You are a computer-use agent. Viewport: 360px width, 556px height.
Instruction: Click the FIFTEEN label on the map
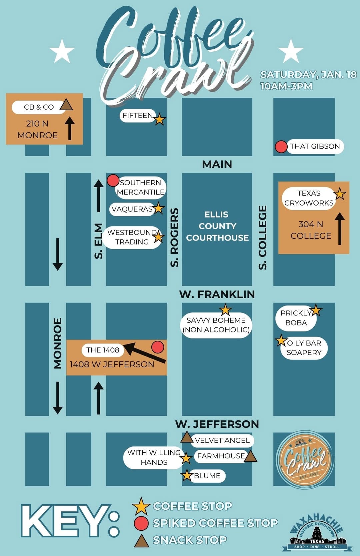(x=137, y=116)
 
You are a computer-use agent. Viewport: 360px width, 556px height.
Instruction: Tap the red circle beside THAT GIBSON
(x=281, y=147)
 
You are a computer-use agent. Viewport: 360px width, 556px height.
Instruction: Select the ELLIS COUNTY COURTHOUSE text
(x=217, y=226)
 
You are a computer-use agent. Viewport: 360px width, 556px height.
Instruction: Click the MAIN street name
(x=217, y=164)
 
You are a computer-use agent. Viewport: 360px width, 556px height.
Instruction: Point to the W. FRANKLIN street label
(x=217, y=294)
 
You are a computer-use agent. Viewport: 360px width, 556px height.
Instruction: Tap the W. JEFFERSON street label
(x=217, y=424)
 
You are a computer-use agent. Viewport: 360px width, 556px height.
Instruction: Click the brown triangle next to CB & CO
(x=66, y=105)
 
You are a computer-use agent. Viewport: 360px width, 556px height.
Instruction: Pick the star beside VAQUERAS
(x=158, y=208)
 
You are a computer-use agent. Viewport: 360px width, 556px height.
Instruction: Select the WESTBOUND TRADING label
(x=132, y=237)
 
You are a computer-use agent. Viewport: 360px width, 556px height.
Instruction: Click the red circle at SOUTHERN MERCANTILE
(x=113, y=180)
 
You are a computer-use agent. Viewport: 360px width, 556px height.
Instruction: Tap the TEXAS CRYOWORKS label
(x=309, y=198)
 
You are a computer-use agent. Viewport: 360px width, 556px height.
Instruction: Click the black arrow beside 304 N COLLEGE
(x=340, y=229)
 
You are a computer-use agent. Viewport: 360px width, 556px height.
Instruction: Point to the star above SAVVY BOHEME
(x=225, y=310)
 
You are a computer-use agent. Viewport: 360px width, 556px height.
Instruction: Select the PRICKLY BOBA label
(x=296, y=318)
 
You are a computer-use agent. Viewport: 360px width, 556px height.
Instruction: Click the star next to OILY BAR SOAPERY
(x=281, y=340)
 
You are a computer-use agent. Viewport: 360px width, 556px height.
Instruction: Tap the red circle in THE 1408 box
(x=158, y=347)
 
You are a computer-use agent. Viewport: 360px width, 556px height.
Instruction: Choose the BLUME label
(x=207, y=476)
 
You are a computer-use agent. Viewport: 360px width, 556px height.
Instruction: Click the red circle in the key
(x=141, y=523)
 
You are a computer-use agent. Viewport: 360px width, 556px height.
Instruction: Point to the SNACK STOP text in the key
(x=190, y=540)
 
